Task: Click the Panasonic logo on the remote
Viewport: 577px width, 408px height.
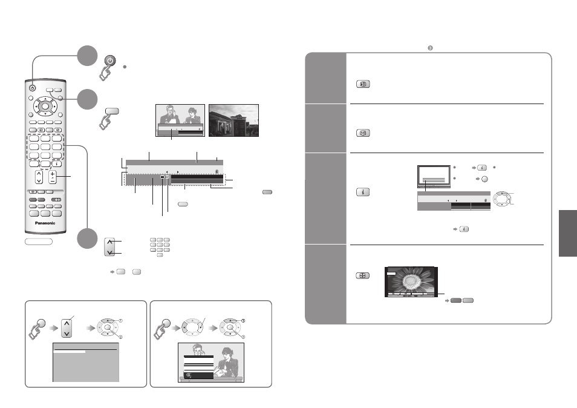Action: tap(45, 223)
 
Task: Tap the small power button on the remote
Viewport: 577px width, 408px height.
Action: tap(33, 88)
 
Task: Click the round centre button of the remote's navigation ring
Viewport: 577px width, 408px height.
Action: tap(45, 106)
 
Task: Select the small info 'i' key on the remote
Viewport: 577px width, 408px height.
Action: tap(56, 164)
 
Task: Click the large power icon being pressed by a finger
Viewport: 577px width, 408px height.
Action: tap(110, 61)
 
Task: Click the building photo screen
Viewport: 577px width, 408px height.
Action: tap(233, 120)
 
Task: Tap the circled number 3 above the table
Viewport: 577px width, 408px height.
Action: tap(430, 48)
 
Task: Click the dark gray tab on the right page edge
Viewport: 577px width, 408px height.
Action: tap(568, 234)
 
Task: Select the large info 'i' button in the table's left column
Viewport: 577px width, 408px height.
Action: tap(363, 192)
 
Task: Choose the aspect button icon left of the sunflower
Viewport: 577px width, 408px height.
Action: tap(362, 275)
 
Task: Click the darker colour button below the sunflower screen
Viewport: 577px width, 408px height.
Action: tap(456, 300)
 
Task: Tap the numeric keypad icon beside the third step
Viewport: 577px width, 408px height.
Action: tap(160, 247)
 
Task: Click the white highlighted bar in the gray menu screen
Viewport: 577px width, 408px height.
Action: tap(70, 352)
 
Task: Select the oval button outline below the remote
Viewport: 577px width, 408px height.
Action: tap(39, 242)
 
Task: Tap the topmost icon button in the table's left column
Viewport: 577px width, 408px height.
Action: tap(363, 84)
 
